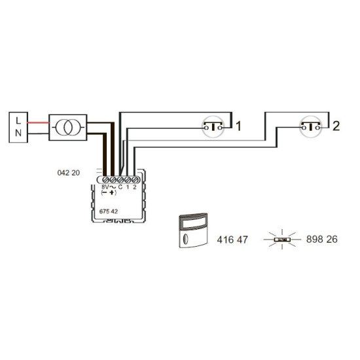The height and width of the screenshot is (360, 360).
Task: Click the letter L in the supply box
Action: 18,120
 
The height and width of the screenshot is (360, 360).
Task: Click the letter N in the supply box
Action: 18,133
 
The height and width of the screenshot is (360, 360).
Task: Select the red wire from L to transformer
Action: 39,122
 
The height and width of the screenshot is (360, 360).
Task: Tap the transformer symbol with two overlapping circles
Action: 68,128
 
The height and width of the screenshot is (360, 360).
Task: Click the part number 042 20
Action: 69,173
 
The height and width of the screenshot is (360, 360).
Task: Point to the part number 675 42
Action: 109,211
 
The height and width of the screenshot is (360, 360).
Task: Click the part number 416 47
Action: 232,240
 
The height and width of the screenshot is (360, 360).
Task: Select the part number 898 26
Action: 321,239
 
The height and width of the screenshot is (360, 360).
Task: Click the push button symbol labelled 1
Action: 213,127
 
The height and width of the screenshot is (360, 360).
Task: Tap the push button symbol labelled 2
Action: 311,127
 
